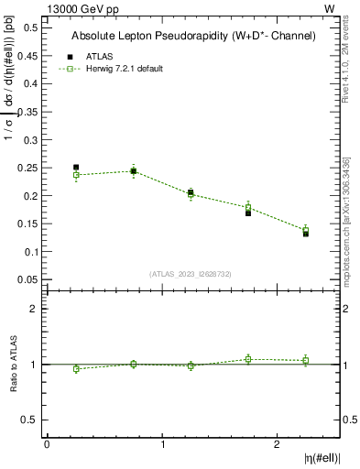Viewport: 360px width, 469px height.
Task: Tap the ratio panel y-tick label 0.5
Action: tap(31, 420)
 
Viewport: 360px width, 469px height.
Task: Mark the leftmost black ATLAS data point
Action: tap(76, 168)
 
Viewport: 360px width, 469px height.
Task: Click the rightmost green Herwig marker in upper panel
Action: tap(306, 231)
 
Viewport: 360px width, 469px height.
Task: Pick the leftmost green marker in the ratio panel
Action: tap(76, 369)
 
